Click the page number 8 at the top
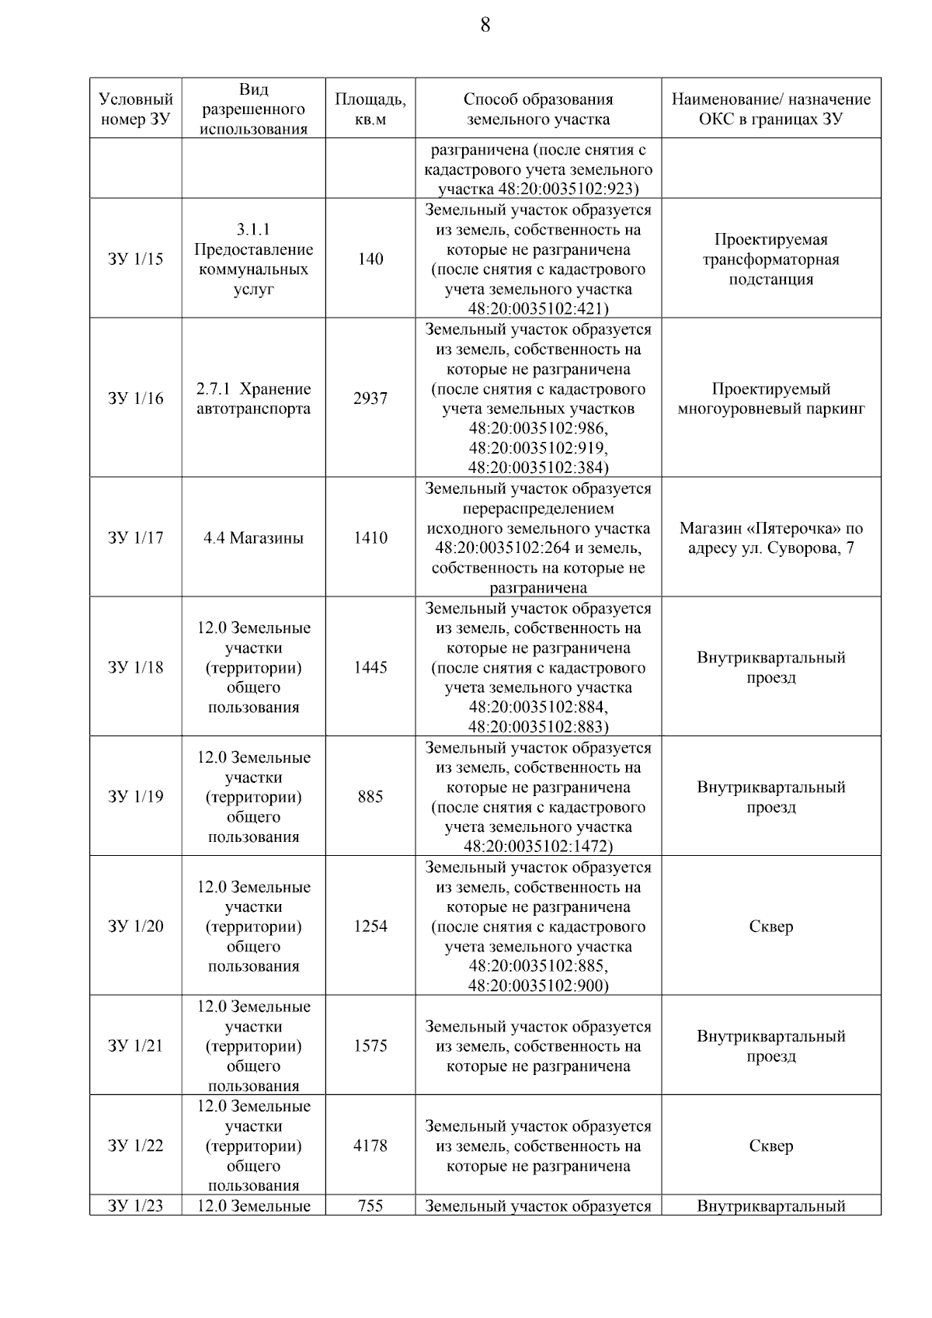pyautogui.click(x=485, y=26)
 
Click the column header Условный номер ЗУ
pyautogui.click(x=136, y=110)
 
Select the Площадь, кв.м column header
pyautogui.click(x=370, y=110)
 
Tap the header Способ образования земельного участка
pyautogui.click(x=537, y=110)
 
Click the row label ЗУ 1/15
pyautogui.click(x=136, y=259)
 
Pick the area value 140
pyautogui.click(x=370, y=259)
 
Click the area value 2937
pyautogui.click(x=370, y=398)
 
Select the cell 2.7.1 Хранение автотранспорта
pyautogui.click(x=253, y=398)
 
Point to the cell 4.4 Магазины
pyautogui.click(x=253, y=538)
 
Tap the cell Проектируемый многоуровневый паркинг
pyautogui.click(x=770, y=398)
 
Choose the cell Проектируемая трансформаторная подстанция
pyautogui.click(x=770, y=259)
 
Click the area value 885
pyautogui.click(x=370, y=797)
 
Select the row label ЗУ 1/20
pyautogui.click(x=136, y=927)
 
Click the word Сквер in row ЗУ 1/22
pyautogui.click(x=770, y=1146)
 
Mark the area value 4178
pyautogui.click(x=370, y=1146)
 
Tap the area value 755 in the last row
pyautogui.click(x=370, y=1206)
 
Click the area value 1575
pyautogui.click(x=370, y=1046)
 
